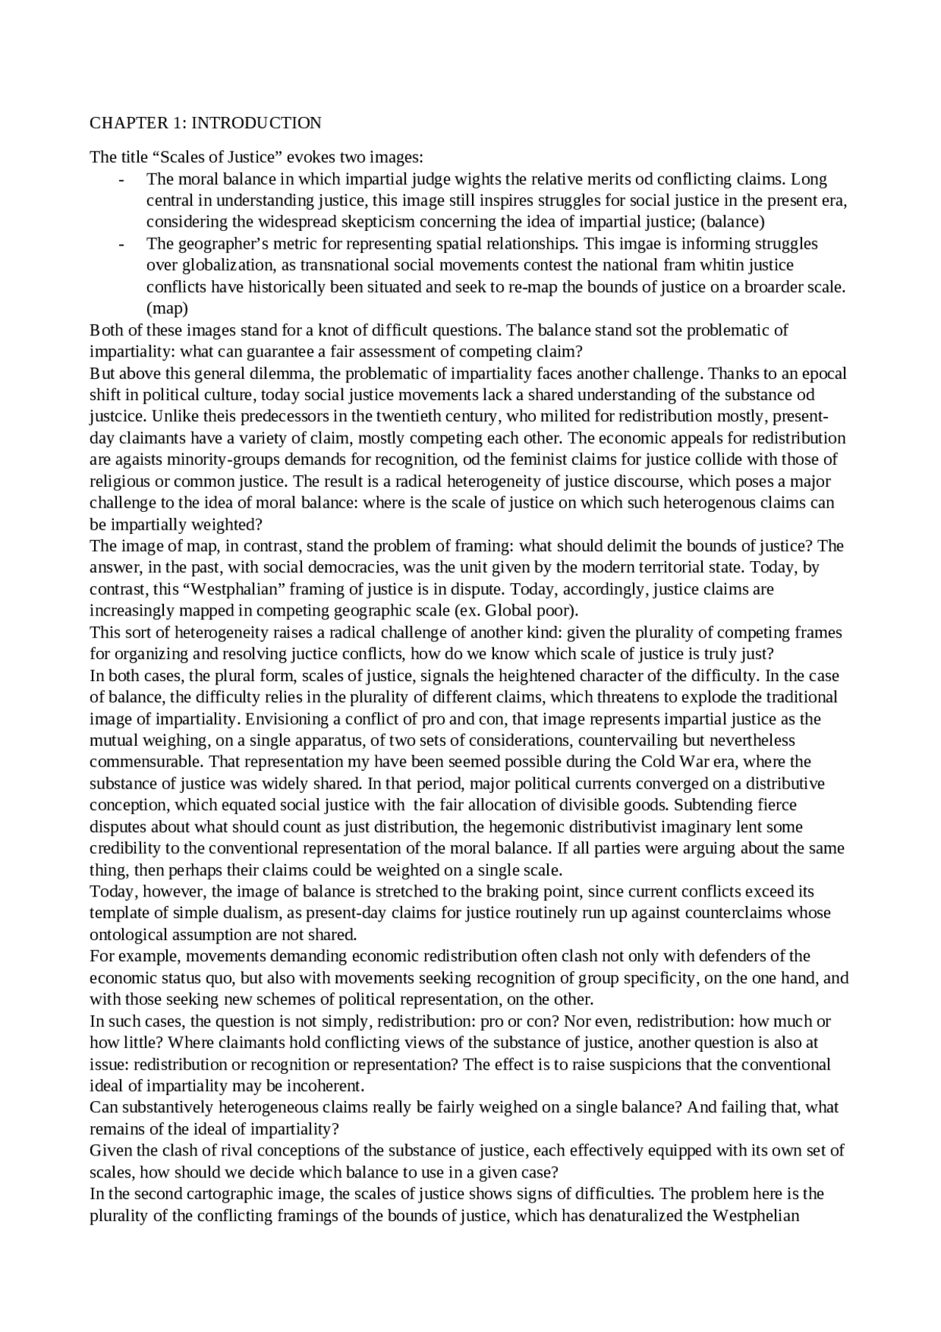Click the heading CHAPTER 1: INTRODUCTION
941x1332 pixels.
point(205,123)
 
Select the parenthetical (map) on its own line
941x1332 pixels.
point(167,308)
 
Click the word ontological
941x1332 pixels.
point(128,935)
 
